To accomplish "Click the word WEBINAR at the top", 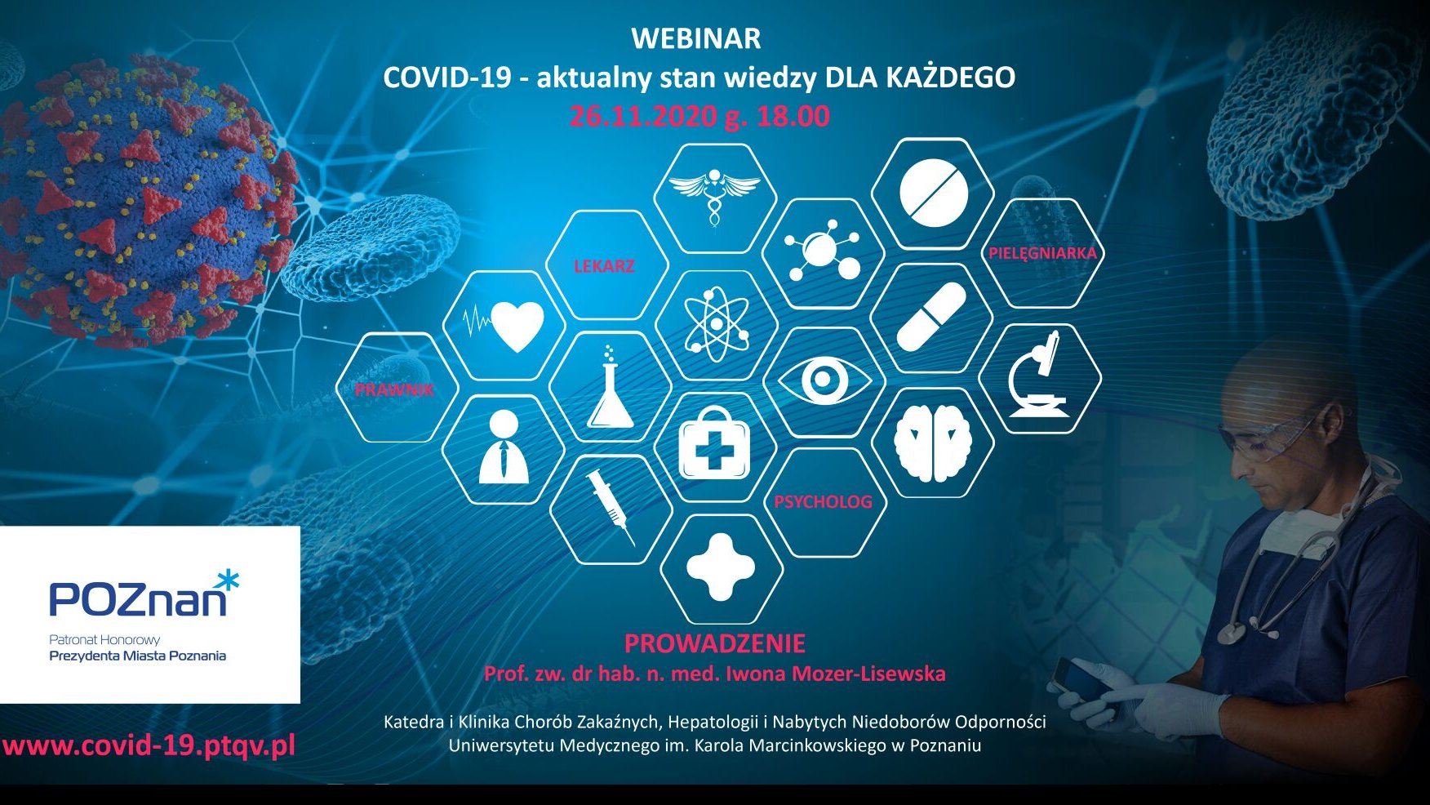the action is click(x=696, y=38).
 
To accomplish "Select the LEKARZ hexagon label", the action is click(x=604, y=266).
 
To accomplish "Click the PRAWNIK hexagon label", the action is click(x=395, y=389).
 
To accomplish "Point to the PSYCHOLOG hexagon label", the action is click(x=823, y=502).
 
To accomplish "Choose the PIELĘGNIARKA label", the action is click(x=1042, y=253).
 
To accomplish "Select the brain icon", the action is click(x=932, y=442).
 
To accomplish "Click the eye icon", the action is click(x=824, y=380).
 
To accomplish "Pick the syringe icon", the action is click(x=611, y=509).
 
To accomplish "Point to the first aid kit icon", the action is click(x=715, y=443).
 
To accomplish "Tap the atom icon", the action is click(x=716, y=324).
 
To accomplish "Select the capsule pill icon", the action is click(x=931, y=318).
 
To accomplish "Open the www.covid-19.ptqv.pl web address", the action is click(x=149, y=745).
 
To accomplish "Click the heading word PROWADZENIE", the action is click(x=715, y=643).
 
